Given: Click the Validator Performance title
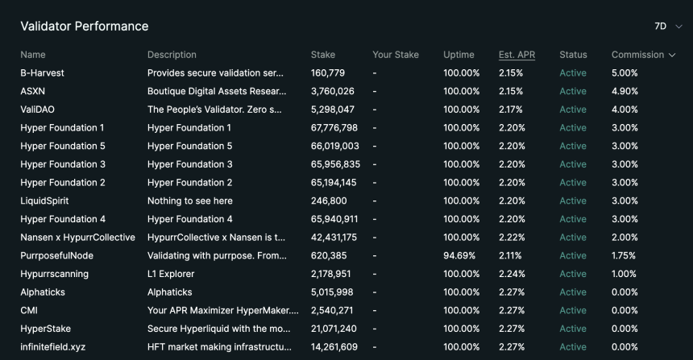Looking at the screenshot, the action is click(x=85, y=26).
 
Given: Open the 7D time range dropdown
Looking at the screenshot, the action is click(x=668, y=27).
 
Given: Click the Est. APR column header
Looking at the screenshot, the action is click(x=517, y=55).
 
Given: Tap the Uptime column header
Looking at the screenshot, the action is click(x=459, y=55).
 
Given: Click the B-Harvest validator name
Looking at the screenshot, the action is click(x=42, y=72).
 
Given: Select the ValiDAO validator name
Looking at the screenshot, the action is click(x=38, y=110).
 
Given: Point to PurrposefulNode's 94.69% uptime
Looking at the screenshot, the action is click(x=459, y=256).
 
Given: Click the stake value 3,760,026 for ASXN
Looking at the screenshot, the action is click(x=332, y=92).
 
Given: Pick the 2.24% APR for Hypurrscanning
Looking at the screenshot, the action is click(x=512, y=274).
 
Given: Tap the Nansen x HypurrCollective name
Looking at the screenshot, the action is click(x=78, y=238).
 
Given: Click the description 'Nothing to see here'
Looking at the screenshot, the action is click(x=190, y=201).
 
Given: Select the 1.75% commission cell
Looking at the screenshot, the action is click(x=623, y=256).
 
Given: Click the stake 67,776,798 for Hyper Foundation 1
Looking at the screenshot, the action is click(x=334, y=128).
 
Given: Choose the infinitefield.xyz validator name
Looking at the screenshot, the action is click(x=53, y=347).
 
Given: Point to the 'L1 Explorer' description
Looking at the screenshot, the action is click(x=171, y=274).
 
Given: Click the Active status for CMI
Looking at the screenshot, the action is click(x=573, y=311).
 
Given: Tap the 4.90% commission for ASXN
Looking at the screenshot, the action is click(x=625, y=92).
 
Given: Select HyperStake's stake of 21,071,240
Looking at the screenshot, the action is click(x=334, y=329).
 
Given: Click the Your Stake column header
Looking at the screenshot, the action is click(x=396, y=55).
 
